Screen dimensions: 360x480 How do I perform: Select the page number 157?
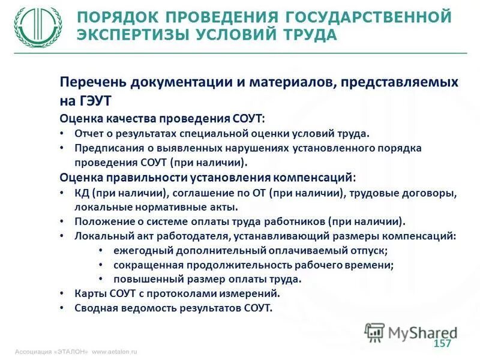coord(442,343)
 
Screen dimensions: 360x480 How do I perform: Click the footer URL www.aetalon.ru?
coord(115,352)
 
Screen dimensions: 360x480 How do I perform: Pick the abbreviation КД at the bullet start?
coord(82,193)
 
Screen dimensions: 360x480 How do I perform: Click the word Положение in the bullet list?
coord(101,221)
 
